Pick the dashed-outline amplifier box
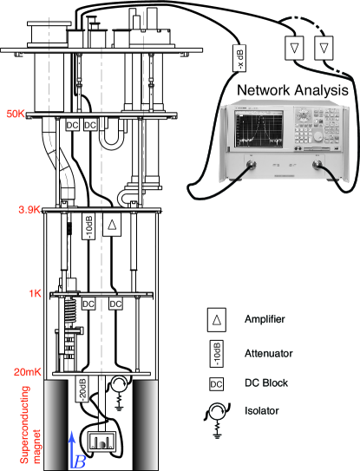[324, 48]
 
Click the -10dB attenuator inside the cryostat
[88, 226]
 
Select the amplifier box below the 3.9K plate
[112, 226]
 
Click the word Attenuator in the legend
[270, 352]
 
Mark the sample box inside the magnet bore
[101, 438]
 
